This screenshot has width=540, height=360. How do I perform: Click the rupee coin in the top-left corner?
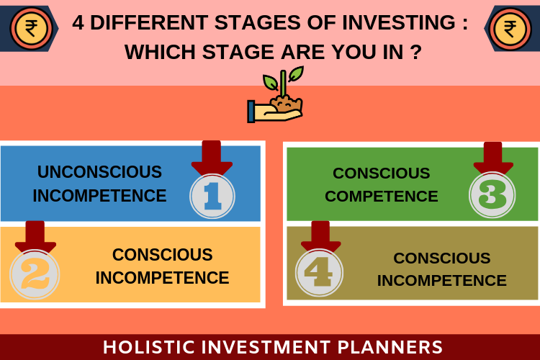point(31,29)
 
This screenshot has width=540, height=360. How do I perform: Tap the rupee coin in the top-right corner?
point(510,29)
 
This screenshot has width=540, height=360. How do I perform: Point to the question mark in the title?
point(416,52)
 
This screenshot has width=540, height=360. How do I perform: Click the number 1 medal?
point(212,196)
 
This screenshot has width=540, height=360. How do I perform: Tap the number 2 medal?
point(35,274)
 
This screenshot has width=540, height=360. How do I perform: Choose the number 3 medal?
point(492,194)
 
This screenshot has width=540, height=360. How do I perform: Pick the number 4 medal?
point(319,272)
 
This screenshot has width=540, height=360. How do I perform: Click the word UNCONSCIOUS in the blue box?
point(99,172)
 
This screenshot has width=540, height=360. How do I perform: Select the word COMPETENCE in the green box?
point(381,197)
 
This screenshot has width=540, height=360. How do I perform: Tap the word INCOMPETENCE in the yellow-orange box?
point(162,278)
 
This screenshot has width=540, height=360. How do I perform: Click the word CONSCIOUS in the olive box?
point(442,258)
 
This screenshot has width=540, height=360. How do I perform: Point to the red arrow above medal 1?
point(212,158)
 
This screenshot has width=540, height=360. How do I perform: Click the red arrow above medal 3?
point(492,158)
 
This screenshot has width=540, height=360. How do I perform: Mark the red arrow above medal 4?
point(320,236)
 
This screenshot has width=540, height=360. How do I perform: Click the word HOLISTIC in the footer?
point(149,347)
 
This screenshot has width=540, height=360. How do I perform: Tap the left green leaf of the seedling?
point(270,83)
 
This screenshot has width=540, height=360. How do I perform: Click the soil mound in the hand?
point(287,104)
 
